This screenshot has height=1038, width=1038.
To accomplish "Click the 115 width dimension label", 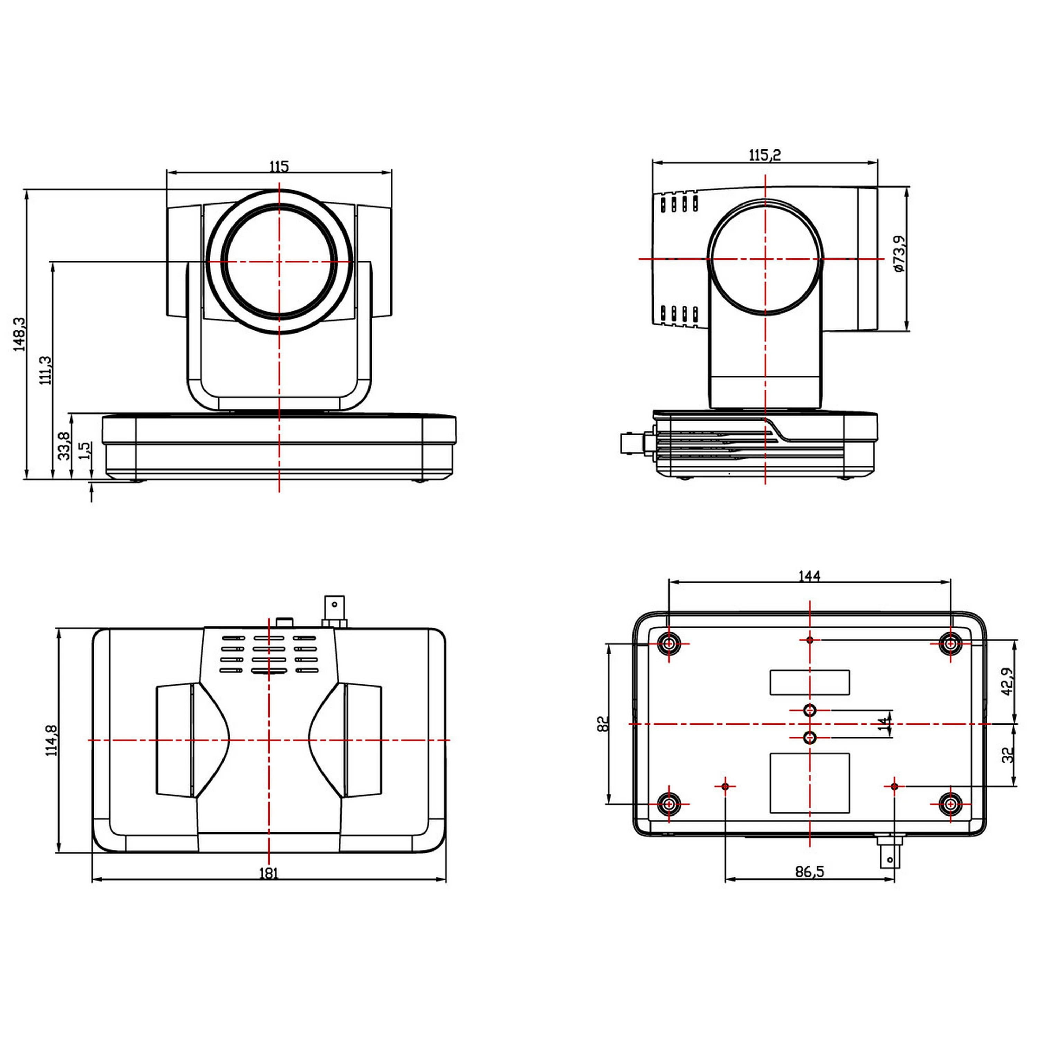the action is point(279,166).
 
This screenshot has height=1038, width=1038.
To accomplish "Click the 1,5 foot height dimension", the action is point(85,450).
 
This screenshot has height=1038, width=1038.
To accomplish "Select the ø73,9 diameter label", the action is point(899,254).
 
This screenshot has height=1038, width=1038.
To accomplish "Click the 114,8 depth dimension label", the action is point(52,740).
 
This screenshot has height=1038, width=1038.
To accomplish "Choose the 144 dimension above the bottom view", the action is point(809,576).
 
